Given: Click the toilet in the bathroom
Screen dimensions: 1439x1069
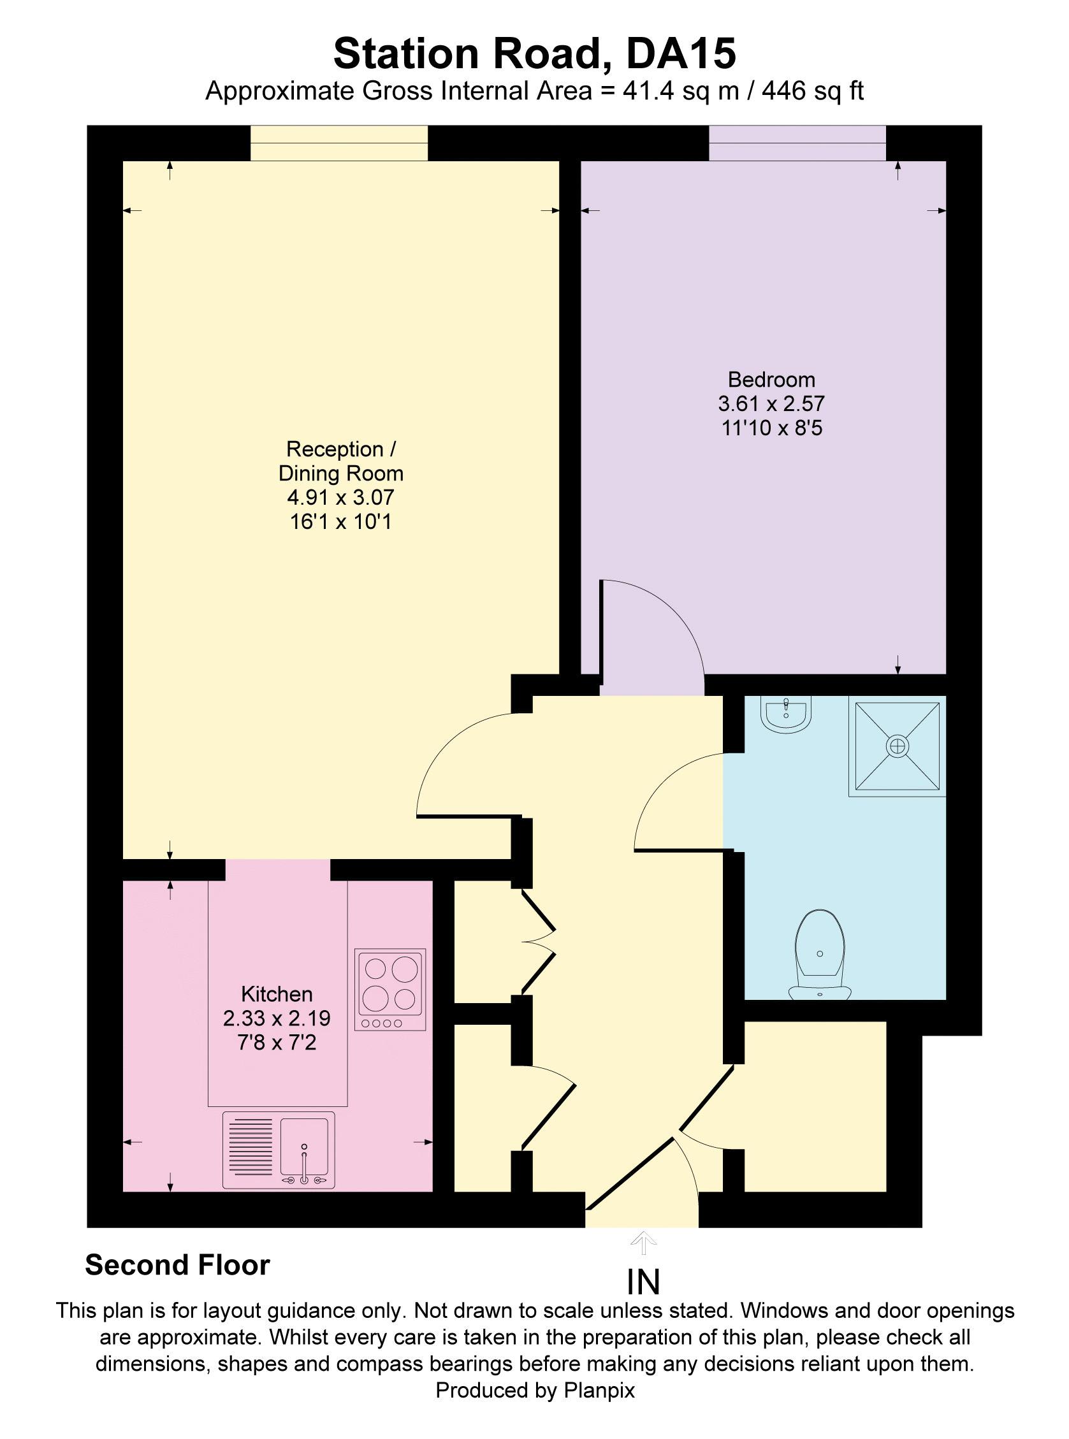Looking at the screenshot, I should point(820,953).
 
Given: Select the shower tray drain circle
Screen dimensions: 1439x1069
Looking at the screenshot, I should point(898,746).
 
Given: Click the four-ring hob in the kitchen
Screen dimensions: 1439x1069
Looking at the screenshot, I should point(389,989).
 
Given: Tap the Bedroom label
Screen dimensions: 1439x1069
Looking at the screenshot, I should point(771,379).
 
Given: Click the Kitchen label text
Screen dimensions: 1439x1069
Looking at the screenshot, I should point(276,994).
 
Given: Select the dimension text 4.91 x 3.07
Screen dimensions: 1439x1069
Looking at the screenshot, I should point(340,497).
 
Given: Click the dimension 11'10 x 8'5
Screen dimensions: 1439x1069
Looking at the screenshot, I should point(771,428).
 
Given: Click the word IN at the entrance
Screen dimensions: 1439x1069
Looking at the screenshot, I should point(643,1282).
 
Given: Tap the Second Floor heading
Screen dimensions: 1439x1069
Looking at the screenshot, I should point(177,1265).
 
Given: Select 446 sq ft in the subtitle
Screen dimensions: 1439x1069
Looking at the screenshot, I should point(812,91).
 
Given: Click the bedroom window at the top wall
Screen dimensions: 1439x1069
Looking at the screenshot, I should point(797,143).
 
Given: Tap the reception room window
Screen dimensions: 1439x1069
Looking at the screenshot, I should point(339,143).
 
